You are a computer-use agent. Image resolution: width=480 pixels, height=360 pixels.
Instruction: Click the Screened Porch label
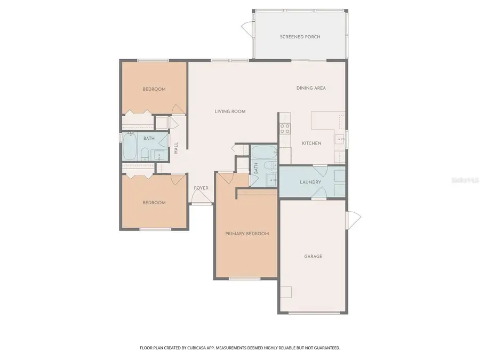pyautogui.click(x=300, y=37)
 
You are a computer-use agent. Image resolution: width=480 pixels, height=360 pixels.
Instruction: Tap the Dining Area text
pyautogui.click(x=311, y=88)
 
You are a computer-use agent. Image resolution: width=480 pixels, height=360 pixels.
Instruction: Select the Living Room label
pyautogui.click(x=230, y=111)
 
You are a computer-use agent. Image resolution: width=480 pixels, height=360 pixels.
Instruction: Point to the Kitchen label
pyautogui.click(x=311, y=143)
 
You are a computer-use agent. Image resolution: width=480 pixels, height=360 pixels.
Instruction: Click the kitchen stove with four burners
pyautogui.click(x=285, y=128)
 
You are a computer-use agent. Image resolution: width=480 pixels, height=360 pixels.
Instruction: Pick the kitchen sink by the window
pyautogui.click(x=339, y=140)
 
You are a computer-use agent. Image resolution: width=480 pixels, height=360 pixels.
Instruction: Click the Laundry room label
pyautogui.click(x=310, y=182)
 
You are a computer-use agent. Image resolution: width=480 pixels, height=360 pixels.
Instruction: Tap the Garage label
pyautogui.click(x=313, y=257)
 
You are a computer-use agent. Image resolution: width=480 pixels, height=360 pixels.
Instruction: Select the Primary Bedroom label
pyautogui.click(x=246, y=234)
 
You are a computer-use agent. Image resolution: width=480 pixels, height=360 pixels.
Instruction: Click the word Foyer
pyautogui.click(x=201, y=188)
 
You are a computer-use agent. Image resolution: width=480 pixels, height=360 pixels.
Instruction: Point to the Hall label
pyautogui.click(x=176, y=148)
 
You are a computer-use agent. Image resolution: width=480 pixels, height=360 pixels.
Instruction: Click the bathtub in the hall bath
pyautogui.click(x=131, y=148)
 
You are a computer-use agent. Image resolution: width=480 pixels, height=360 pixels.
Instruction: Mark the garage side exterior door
pyautogui.click(x=353, y=218)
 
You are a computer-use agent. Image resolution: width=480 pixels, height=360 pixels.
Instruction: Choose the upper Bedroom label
pyautogui.click(x=154, y=89)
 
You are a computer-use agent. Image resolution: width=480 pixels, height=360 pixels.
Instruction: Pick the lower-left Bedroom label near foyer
pyautogui.click(x=154, y=203)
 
